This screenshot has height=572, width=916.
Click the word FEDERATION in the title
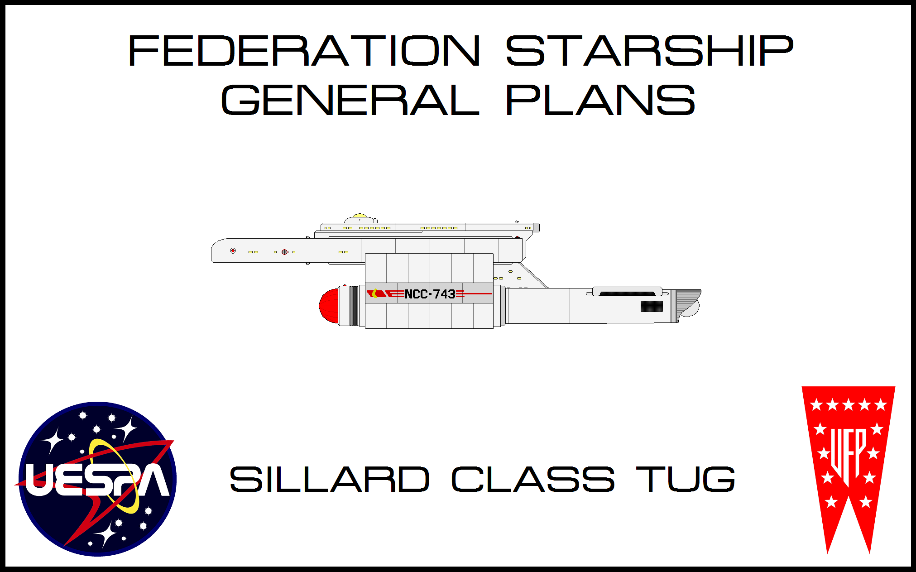pos(304,51)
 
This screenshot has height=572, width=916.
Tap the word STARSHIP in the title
pos(650,51)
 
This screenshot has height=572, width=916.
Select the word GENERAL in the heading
pos(350,100)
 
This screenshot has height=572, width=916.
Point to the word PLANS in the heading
pos(600,100)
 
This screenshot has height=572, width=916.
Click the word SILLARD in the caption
pos(330,479)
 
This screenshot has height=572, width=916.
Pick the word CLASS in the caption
pos(533,479)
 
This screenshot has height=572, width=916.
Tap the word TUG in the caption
pos(686,479)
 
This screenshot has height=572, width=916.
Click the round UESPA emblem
pos(97,479)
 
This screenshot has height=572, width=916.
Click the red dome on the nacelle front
pos(329,306)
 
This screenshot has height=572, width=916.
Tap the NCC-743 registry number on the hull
pos(430,294)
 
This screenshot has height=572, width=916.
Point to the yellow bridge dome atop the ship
pos(360,216)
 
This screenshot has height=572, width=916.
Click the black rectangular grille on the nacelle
pos(652,307)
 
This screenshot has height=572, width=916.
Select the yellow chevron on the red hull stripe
pos(374,293)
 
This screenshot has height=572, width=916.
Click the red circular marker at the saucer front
pos(233,250)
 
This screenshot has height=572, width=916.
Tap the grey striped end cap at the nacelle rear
pos(687,303)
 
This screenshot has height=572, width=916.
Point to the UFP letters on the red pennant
pos(848,455)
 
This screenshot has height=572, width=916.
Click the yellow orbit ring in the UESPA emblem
pos(115,476)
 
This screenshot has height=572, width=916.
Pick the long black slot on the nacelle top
pos(627,294)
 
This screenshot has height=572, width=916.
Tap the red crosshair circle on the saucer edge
pos(284,252)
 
